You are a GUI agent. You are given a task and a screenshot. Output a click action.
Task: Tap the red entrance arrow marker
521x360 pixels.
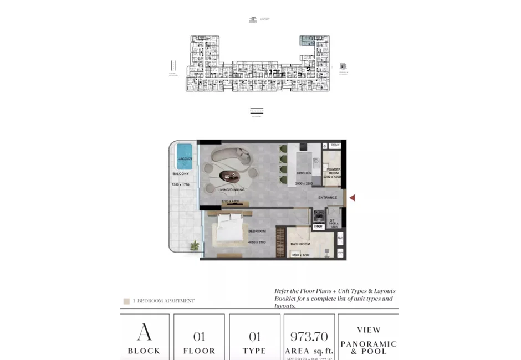click(x=351, y=198)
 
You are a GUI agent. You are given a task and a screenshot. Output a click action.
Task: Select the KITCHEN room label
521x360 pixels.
click(x=304, y=173)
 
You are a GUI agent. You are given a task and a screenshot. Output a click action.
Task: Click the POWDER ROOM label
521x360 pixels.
click(x=333, y=171)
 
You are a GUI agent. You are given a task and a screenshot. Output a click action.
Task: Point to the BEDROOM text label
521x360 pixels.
click(x=257, y=231)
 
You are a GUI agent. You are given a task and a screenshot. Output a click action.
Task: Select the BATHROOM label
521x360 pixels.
click(x=301, y=244)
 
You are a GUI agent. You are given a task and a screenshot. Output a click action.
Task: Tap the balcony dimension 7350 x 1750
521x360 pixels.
click(x=180, y=184)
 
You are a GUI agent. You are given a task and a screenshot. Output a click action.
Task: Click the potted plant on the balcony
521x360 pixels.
click(x=195, y=245)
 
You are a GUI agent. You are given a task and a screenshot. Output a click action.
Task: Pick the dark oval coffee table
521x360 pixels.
click(x=230, y=176)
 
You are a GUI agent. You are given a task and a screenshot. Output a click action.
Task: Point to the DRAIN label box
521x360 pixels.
click(x=334, y=145)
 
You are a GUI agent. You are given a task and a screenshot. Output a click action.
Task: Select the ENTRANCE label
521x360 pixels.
click(x=328, y=198)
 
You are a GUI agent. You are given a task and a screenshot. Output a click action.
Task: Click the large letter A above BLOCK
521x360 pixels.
click(x=144, y=332)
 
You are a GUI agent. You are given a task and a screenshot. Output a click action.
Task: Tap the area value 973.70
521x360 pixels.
click(x=309, y=336)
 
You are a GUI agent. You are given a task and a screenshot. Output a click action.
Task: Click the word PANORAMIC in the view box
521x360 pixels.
click(x=369, y=344)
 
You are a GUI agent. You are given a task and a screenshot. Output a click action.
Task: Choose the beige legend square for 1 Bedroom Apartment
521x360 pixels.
click(x=126, y=301)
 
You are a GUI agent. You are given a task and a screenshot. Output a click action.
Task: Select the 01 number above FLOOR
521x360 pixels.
click(x=199, y=336)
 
